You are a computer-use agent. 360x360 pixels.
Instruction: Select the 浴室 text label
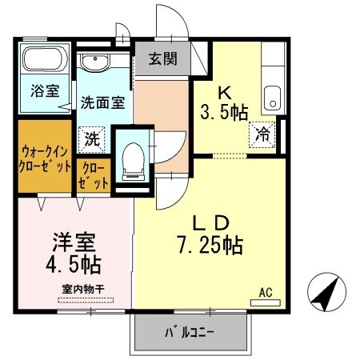click(x=44, y=90)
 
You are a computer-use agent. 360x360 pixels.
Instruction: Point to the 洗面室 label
click(x=101, y=102)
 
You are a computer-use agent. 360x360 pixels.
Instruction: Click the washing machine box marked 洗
click(x=93, y=138)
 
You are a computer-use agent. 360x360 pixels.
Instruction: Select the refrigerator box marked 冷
click(x=262, y=134)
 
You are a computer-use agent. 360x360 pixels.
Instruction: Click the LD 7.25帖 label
click(x=210, y=233)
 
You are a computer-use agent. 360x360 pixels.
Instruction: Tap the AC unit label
click(x=265, y=294)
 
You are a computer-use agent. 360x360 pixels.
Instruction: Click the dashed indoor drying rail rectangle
click(x=86, y=301)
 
